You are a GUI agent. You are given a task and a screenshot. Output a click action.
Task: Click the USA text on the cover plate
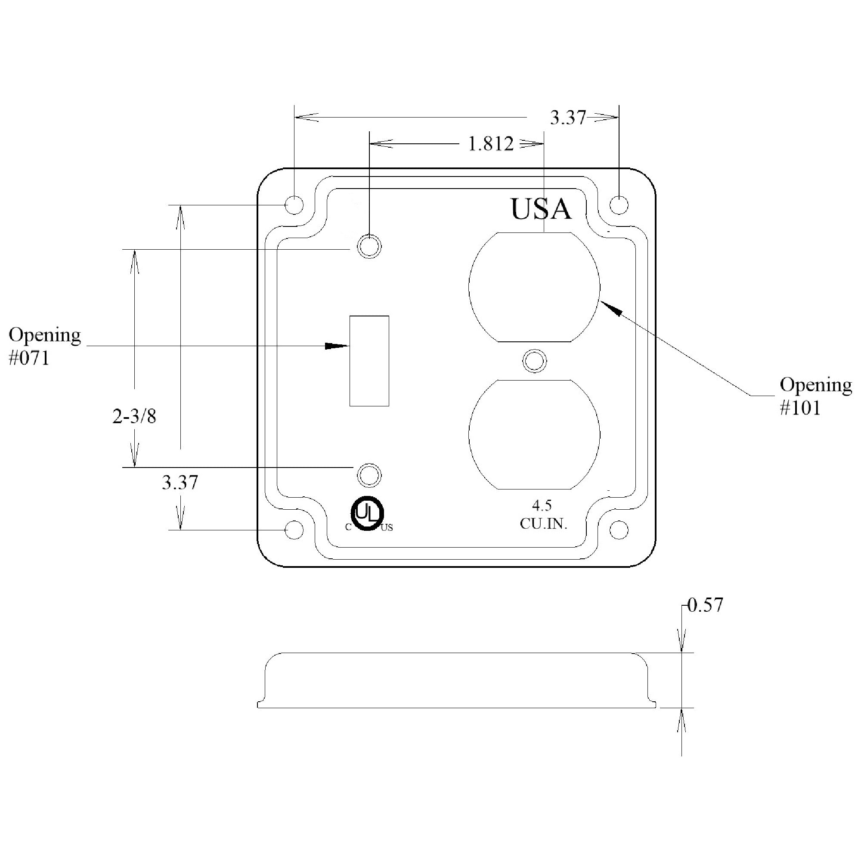coord(541,210)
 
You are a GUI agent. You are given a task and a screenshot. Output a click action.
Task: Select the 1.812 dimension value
coord(491,144)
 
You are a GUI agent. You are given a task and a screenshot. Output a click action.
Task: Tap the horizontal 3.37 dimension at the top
coord(567,118)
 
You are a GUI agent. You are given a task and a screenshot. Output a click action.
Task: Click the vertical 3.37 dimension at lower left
coord(180,483)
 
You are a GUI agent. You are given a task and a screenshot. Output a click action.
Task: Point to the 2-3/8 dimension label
coord(134,417)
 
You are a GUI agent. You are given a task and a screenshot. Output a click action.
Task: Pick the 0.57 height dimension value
coord(705,605)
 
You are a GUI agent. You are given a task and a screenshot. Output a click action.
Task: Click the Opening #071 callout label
coord(45,346)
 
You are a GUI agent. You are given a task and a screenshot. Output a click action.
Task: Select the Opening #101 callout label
coord(815,396)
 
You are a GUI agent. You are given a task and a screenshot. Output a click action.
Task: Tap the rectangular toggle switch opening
coord(369,361)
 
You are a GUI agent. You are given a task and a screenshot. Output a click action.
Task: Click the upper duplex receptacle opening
coord(534,287)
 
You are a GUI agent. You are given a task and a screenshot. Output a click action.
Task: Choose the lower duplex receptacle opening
coord(534,434)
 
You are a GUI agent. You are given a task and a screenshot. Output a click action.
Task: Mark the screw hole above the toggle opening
coord(369,246)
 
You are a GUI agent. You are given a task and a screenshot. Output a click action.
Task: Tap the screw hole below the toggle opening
coord(369,476)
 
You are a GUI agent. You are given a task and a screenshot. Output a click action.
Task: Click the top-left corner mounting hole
coord(294,205)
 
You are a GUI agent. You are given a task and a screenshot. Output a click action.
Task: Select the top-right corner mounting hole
coord(619,205)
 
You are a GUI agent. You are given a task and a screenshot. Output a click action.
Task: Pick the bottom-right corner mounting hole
coord(619,530)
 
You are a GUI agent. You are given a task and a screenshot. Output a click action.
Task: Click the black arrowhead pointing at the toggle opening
coord(337,346)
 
